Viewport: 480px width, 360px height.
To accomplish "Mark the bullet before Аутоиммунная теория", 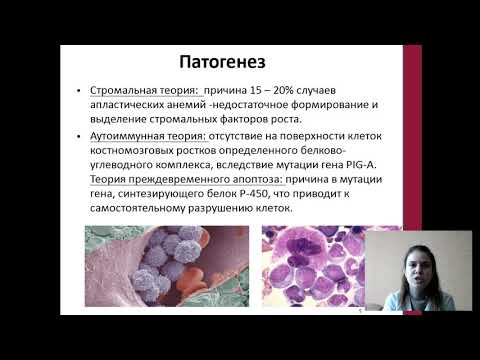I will click(79, 136).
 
